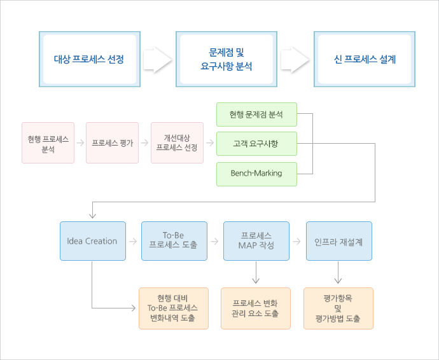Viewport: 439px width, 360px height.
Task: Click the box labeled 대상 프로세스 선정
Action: (90, 59)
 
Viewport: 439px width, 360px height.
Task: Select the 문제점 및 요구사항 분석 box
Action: (226, 59)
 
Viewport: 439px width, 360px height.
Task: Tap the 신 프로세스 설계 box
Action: (365, 59)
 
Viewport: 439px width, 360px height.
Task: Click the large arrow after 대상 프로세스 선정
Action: (158, 60)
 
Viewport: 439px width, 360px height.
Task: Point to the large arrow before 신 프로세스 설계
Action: (295, 60)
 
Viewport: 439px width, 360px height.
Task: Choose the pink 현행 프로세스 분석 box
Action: (48, 142)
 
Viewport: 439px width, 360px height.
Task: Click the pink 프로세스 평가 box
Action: (112, 142)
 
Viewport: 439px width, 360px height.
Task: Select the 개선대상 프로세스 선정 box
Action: (178, 142)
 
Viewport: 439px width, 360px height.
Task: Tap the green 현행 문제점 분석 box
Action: (256, 114)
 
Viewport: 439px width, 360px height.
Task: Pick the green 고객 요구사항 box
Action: (256, 144)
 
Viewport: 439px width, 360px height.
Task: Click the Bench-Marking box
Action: (256, 174)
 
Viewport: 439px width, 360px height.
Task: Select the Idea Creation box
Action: (93, 241)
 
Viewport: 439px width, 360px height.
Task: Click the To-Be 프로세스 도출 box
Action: (174, 241)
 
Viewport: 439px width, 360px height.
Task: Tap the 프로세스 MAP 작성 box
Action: (256, 241)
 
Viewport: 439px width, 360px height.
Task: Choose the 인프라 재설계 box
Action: (339, 241)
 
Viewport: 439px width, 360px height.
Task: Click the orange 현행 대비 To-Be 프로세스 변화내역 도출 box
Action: (174, 308)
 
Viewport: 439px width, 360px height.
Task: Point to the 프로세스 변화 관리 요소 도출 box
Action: (256, 308)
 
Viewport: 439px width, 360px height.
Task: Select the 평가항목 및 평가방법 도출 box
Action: (338, 308)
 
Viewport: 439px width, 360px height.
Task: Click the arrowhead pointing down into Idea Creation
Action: (92, 216)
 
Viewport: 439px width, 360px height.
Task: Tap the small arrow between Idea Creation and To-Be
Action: (133, 241)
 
